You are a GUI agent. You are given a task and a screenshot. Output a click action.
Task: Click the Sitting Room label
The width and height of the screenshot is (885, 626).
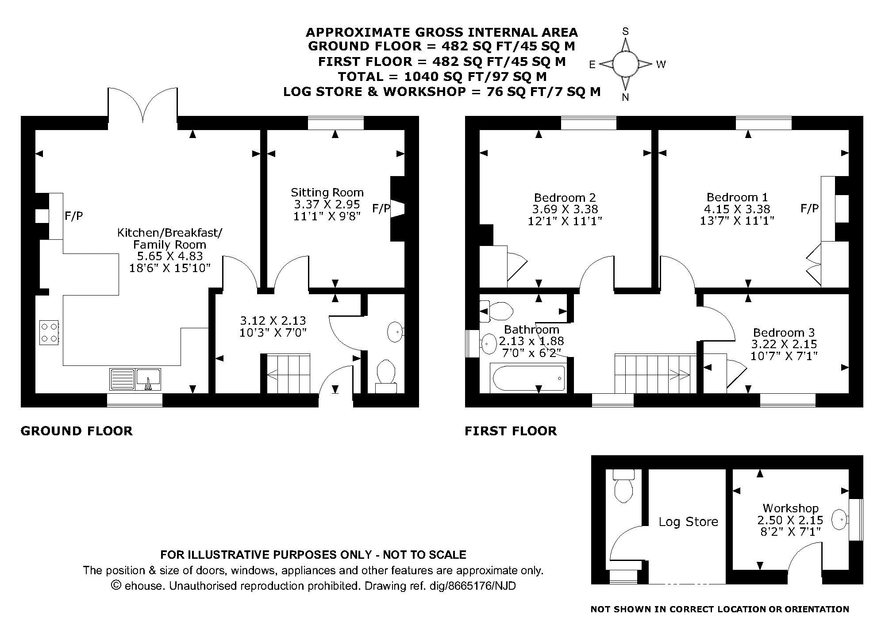[x=327, y=192]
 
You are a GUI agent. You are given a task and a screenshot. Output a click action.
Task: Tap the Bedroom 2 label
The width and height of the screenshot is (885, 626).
[x=565, y=198]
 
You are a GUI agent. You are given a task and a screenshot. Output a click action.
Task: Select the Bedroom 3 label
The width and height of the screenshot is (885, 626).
[x=784, y=332]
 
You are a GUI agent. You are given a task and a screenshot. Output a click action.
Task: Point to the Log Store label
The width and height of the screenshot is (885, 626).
[x=688, y=522]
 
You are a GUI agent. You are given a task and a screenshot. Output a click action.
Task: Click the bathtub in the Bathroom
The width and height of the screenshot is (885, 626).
[x=527, y=378]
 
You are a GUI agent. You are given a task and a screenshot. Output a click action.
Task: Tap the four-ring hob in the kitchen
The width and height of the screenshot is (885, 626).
[x=49, y=332]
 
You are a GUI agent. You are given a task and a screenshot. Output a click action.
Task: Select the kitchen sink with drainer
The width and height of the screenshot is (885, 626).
[x=135, y=380]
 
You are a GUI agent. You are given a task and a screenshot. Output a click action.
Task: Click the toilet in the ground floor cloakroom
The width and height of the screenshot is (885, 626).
[x=386, y=376]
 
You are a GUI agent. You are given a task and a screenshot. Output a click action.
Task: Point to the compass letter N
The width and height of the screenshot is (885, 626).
[x=625, y=98]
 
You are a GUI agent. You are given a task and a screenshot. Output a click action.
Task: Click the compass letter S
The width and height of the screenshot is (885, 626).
[x=626, y=31]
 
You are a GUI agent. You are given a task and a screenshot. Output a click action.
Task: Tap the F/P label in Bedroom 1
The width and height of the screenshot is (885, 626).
[x=809, y=208]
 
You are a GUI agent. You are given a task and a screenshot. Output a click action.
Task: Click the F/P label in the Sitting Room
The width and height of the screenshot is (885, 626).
[x=381, y=208]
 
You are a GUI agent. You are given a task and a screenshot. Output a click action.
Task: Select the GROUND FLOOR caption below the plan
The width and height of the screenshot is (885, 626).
[x=77, y=431]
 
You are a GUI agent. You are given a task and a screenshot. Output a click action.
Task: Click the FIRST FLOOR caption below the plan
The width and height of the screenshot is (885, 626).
[x=511, y=431]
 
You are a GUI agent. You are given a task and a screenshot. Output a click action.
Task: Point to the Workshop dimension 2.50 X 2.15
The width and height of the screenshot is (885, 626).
[x=790, y=520]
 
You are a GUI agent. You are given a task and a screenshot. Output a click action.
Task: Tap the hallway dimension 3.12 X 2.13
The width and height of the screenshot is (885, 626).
[x=273, y=320]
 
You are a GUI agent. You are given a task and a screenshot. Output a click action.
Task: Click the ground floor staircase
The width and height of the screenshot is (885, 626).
[x=288, y=374]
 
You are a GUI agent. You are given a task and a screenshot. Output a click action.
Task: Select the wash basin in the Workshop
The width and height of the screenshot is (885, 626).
[x=839, y=519]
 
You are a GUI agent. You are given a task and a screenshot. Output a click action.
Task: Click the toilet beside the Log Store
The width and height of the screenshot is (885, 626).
[x=624, y=485]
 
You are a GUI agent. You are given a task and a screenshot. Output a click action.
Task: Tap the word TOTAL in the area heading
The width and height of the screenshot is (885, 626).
[x=358, y=77]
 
